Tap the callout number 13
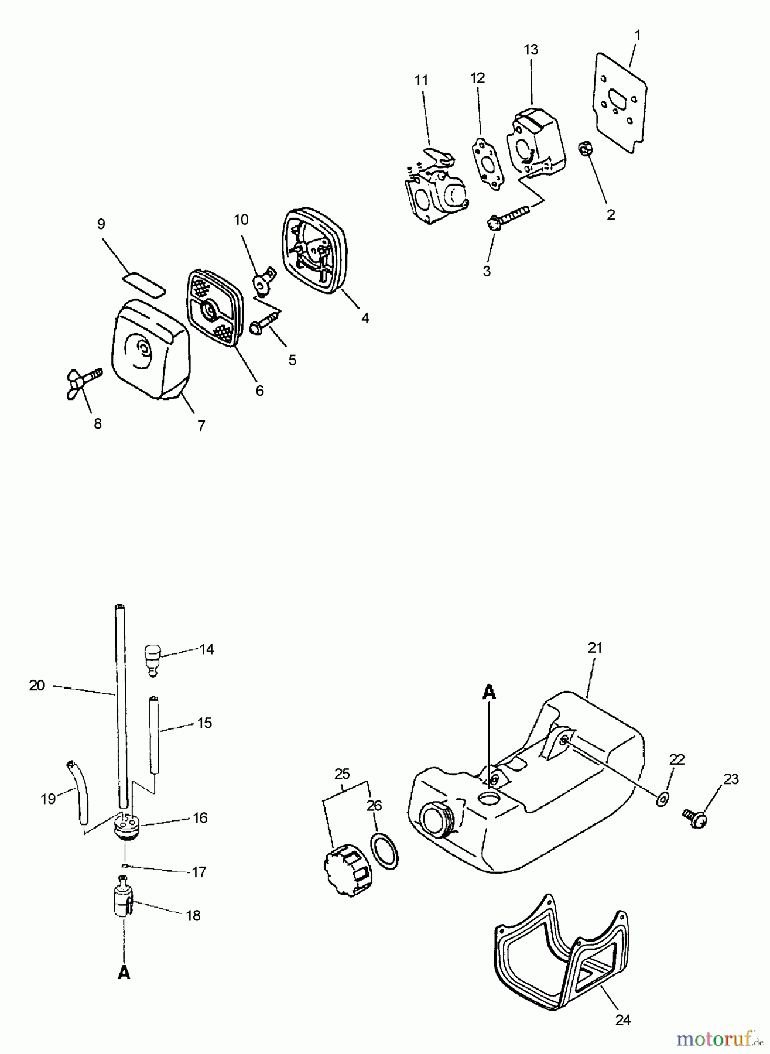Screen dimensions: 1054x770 point(531,50)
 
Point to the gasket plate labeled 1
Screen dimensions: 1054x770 point(623,104)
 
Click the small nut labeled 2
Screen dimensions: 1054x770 point(586,150)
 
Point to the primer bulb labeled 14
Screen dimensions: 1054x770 point(153,658)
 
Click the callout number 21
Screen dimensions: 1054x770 point(595,648)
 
